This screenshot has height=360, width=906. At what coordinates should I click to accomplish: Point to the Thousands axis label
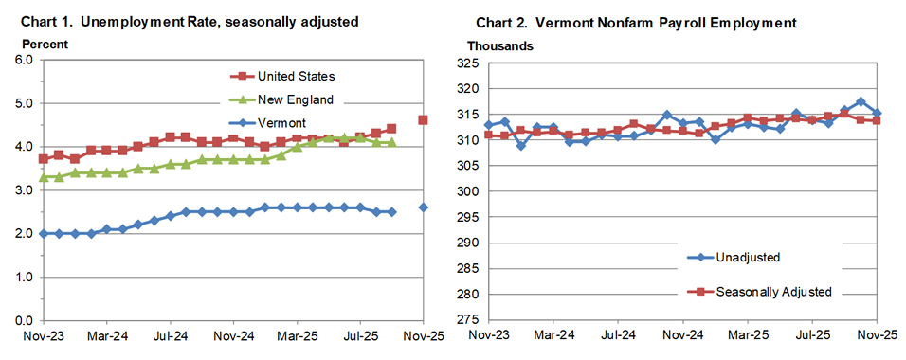(x=499, y=45)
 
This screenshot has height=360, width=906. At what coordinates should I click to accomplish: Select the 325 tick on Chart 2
(x=468, y=63)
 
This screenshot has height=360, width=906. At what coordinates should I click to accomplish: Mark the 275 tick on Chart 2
(x=468, y=320)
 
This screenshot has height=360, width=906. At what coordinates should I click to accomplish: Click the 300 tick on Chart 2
(x=468, y=191)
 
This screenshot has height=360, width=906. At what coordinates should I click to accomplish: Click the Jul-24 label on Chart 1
(x=169, y=335)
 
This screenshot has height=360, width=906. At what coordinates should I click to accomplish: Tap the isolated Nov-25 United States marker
(x=423, y=120)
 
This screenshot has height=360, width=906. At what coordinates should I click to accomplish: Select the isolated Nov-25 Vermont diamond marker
(x=423, y=207)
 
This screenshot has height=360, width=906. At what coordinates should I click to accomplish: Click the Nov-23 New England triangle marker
(x=44, y=177)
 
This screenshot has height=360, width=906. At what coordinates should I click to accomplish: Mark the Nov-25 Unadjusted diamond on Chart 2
(x=877, y=114)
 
